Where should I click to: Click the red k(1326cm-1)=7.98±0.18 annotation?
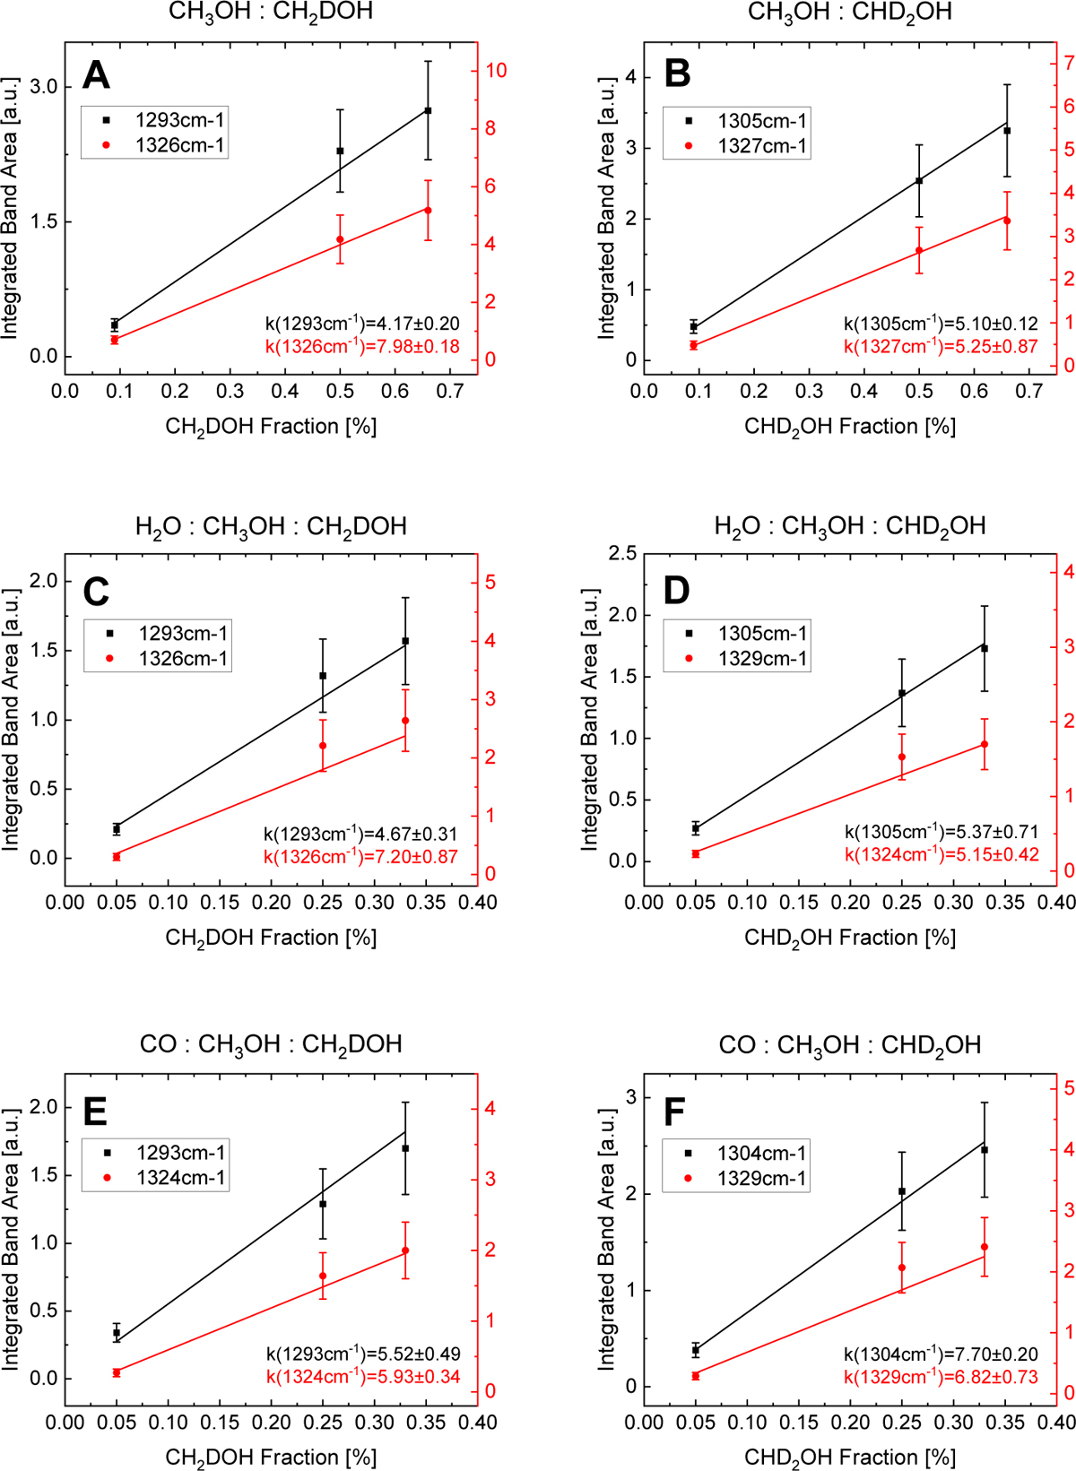(x=362, y=346)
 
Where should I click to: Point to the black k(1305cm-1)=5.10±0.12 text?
(x=941, y=324)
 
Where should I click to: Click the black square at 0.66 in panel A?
(x=428, y=110)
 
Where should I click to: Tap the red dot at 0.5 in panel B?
(x=919, y=251)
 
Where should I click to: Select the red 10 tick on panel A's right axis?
(x=496, y=71)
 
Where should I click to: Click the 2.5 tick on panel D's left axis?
(x=623, y=553)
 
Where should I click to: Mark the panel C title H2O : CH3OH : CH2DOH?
(x=271, y=526)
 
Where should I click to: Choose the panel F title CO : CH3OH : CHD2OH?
(x=850, y=1045)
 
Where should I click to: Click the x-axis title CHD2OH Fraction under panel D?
(x=850, y=938)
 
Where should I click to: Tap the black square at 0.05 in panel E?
(x=117, y=1333)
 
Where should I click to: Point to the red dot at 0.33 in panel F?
(x=985, y=1247)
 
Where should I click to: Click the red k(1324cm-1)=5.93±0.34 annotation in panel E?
(x=363, y=1376)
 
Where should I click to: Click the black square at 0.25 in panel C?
(x=323, y=676)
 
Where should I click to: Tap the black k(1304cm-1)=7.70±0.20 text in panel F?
(x=941, y=1354)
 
